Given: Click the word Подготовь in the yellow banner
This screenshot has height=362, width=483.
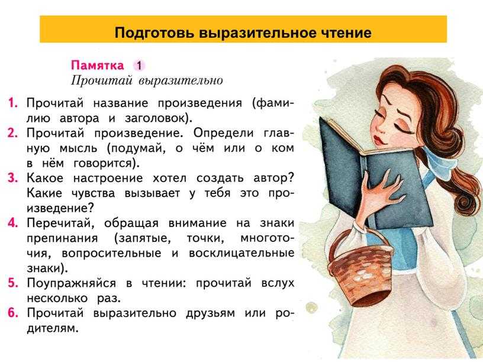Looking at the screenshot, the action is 154,33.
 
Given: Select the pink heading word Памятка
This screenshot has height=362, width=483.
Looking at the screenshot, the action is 97,65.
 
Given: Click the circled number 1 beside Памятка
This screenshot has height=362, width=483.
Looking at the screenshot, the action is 139,66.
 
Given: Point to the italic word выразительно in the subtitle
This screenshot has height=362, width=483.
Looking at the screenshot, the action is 181,80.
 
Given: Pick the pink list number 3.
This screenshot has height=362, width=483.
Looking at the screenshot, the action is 12,178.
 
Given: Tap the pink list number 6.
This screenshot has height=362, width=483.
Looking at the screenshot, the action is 12,313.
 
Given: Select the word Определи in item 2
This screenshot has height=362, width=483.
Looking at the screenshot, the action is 224,134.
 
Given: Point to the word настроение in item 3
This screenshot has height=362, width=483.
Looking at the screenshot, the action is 108,179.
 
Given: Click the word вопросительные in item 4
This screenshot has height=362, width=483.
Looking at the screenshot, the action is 111,254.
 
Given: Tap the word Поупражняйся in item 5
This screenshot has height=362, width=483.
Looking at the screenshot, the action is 71,283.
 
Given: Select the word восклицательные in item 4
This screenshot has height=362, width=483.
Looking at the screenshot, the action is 242,253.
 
